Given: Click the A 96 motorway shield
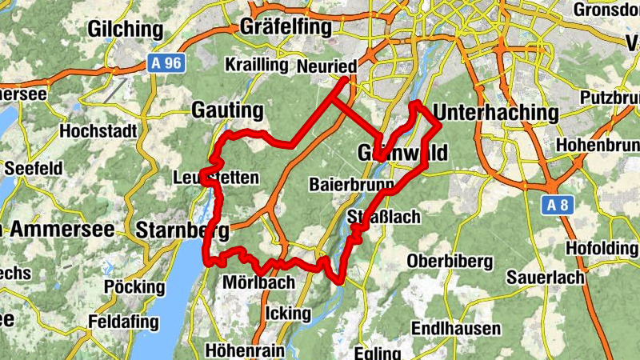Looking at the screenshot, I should (166, 63).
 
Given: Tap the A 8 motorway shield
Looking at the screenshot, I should (559, 206).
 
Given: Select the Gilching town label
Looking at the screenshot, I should (126, 30).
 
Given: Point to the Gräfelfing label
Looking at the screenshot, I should (286, 27).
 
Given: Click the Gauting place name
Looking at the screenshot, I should (227, 110).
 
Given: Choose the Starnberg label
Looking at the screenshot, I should (183, 231).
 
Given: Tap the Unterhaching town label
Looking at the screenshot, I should (495, 112).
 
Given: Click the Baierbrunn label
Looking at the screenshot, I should (351, 185).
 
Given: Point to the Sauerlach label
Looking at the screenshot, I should (546, 278).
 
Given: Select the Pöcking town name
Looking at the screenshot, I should (133, 286).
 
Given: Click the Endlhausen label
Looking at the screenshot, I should (455, 329).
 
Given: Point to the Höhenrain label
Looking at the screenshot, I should (244, 350).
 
